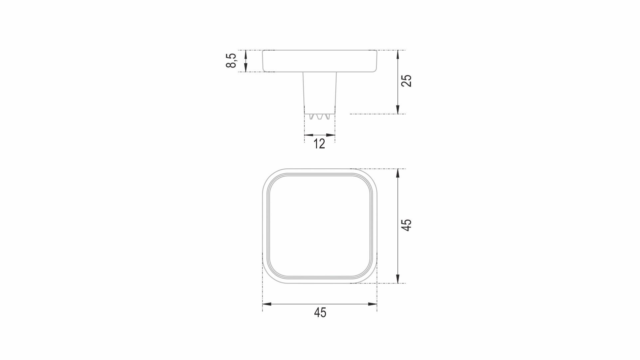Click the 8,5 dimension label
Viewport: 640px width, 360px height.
tap(231, 61)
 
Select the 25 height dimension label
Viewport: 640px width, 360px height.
tap(406, 81)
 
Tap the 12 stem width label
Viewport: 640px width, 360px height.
tap(319, 144)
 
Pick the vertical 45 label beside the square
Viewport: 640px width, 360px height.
tap(406, 225)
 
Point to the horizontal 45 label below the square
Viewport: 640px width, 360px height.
tap(320, 313)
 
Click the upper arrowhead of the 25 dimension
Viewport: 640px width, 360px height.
tap(398, 55)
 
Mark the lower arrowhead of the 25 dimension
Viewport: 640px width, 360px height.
tap(398, 109)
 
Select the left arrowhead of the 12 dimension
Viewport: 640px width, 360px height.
tap(309, 135)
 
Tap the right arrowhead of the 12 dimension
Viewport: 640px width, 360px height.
tap(330, 135)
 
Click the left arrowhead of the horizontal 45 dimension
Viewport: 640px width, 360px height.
tap(267, 304)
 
